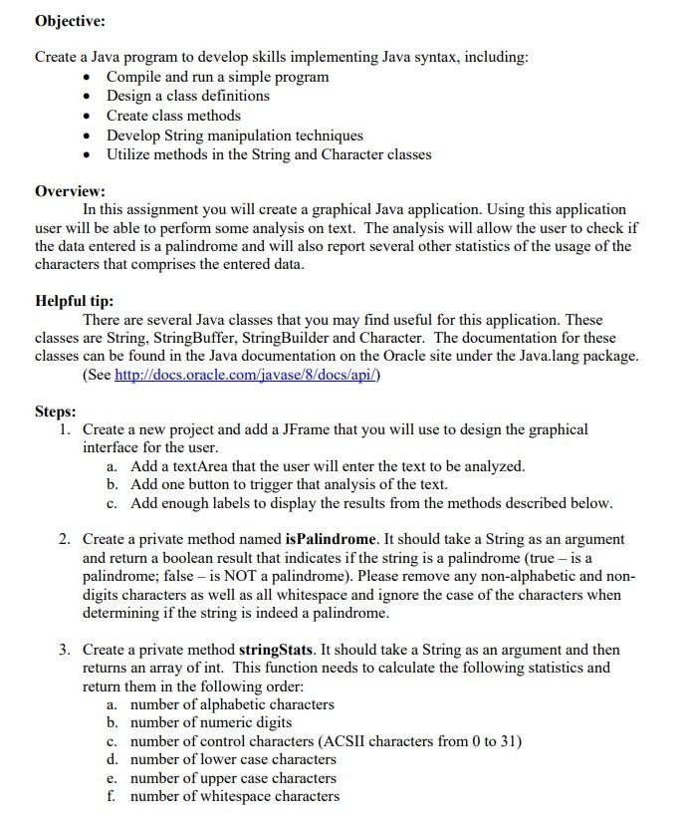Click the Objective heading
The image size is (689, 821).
[x=70, y=21]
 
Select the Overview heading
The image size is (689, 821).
[x=70, y=190]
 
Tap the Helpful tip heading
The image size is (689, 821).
[x=74, y=301]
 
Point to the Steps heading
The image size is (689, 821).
[x=55, y=411]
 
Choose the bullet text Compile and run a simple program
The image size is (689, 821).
[x=217, y=77]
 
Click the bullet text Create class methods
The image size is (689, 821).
[x=173, y=116]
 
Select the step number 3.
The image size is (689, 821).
[x=63, y=650]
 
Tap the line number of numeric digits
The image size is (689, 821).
[x=211, y=722]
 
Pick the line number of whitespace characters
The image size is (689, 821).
[x=235, y=796]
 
